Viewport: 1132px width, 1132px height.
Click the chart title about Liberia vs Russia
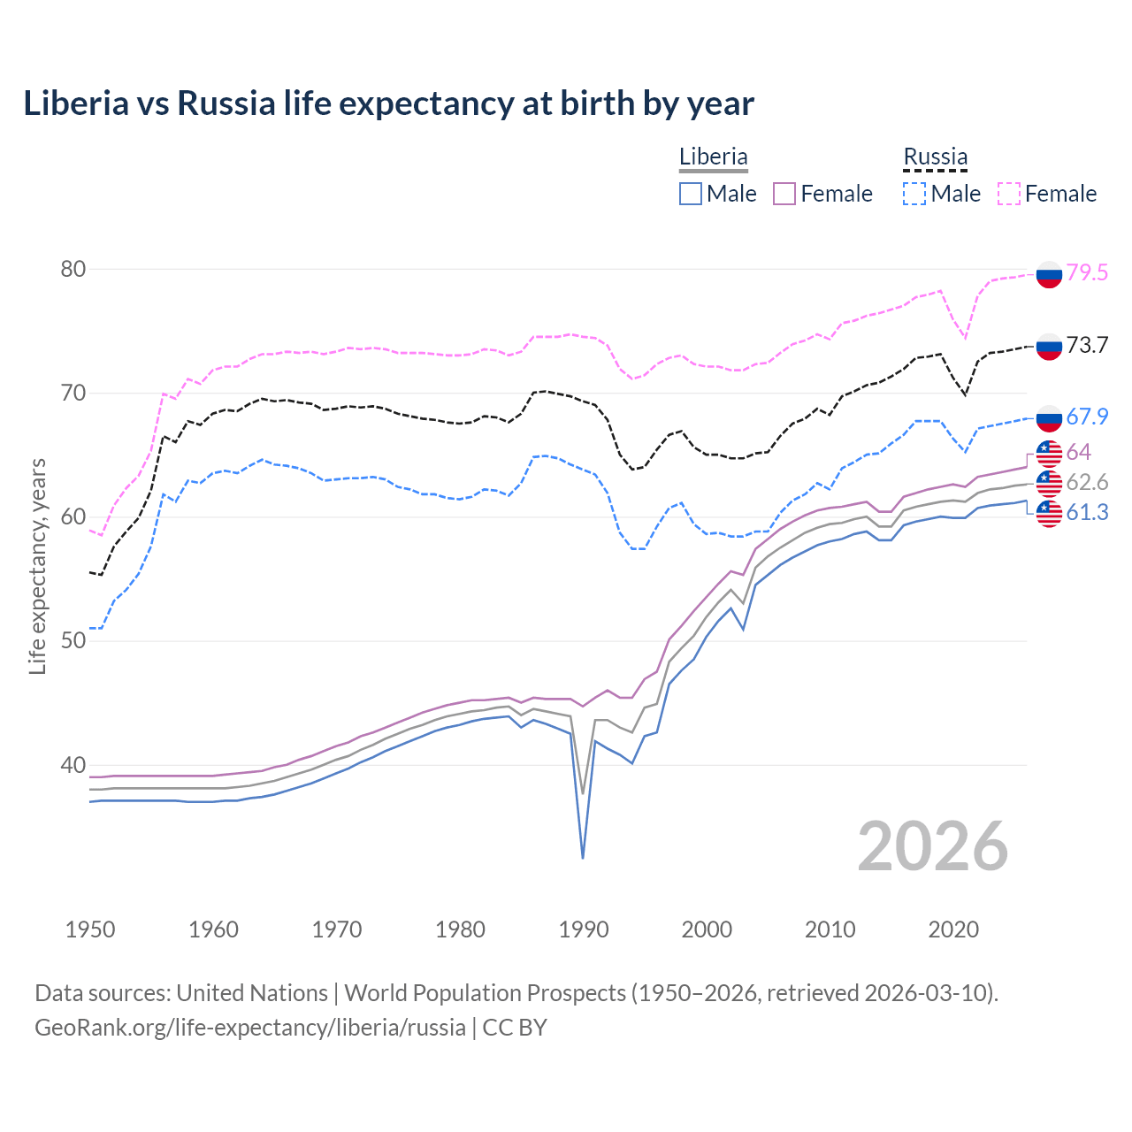(388, 103)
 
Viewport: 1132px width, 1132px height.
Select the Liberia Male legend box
(691, 194)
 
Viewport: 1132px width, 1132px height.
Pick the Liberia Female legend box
(784, 194)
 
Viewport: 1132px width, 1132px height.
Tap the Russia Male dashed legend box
(914, 194)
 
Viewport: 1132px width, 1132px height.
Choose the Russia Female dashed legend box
(1009, 194)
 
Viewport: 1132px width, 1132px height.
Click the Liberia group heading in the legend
(713, 157)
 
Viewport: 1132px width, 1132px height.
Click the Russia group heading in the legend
(935, 157)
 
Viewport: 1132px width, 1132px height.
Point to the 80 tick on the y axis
(73, 269)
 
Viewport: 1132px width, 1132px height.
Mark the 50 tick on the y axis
(73, 640)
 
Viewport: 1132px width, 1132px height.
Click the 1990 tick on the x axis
(584, 929)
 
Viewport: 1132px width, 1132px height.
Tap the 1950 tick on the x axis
(90, 929)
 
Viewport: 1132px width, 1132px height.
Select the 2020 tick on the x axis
(953, 929)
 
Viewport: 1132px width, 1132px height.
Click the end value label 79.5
(1087, 272)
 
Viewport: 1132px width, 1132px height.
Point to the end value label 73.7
(1087, 345)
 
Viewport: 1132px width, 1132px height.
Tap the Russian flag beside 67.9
(1049, 417)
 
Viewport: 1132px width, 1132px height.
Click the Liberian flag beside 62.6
(1049, 483)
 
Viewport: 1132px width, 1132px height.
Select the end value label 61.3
(1087, 513)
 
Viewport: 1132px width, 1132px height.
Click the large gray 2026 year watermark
(933, 846)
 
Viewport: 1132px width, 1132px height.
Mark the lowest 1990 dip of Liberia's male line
(583, 858)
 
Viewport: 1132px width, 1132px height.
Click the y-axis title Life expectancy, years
(37, 566)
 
